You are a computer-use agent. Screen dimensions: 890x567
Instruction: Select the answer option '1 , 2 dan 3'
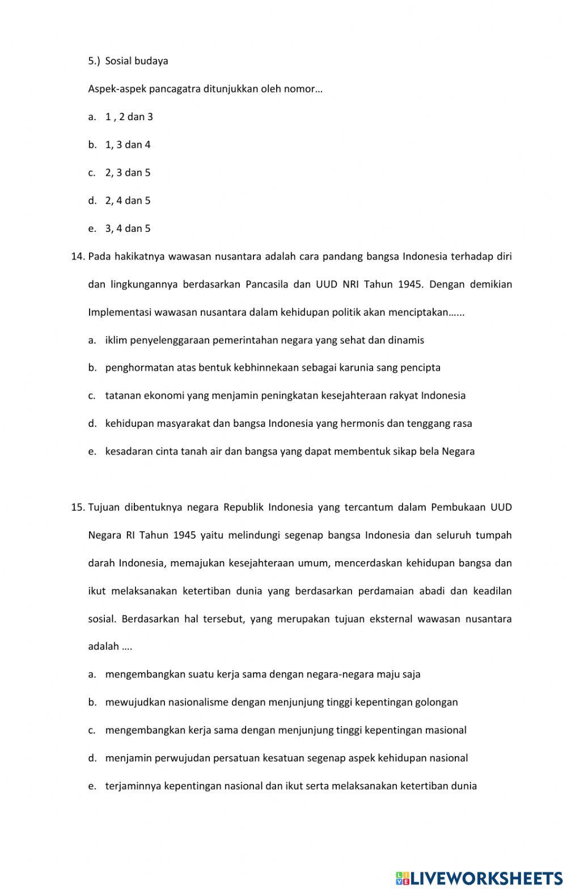point(129,117)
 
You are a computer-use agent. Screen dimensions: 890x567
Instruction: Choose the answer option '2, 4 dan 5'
point(128,201)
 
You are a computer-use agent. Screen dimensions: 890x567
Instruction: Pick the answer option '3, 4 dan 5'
point(128,228)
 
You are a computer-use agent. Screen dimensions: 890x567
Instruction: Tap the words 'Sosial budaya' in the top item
point(137,61)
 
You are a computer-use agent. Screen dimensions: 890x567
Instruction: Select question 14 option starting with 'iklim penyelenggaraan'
point(264,340)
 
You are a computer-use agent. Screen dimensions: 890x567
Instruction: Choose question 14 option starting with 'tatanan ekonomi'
point(285,395)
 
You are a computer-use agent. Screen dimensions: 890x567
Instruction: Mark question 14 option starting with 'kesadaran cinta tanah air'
point(289,452)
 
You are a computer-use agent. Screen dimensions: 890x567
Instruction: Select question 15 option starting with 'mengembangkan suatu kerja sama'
point(262,675)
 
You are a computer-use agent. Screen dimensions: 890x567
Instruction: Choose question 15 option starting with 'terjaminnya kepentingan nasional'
point(290,786)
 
